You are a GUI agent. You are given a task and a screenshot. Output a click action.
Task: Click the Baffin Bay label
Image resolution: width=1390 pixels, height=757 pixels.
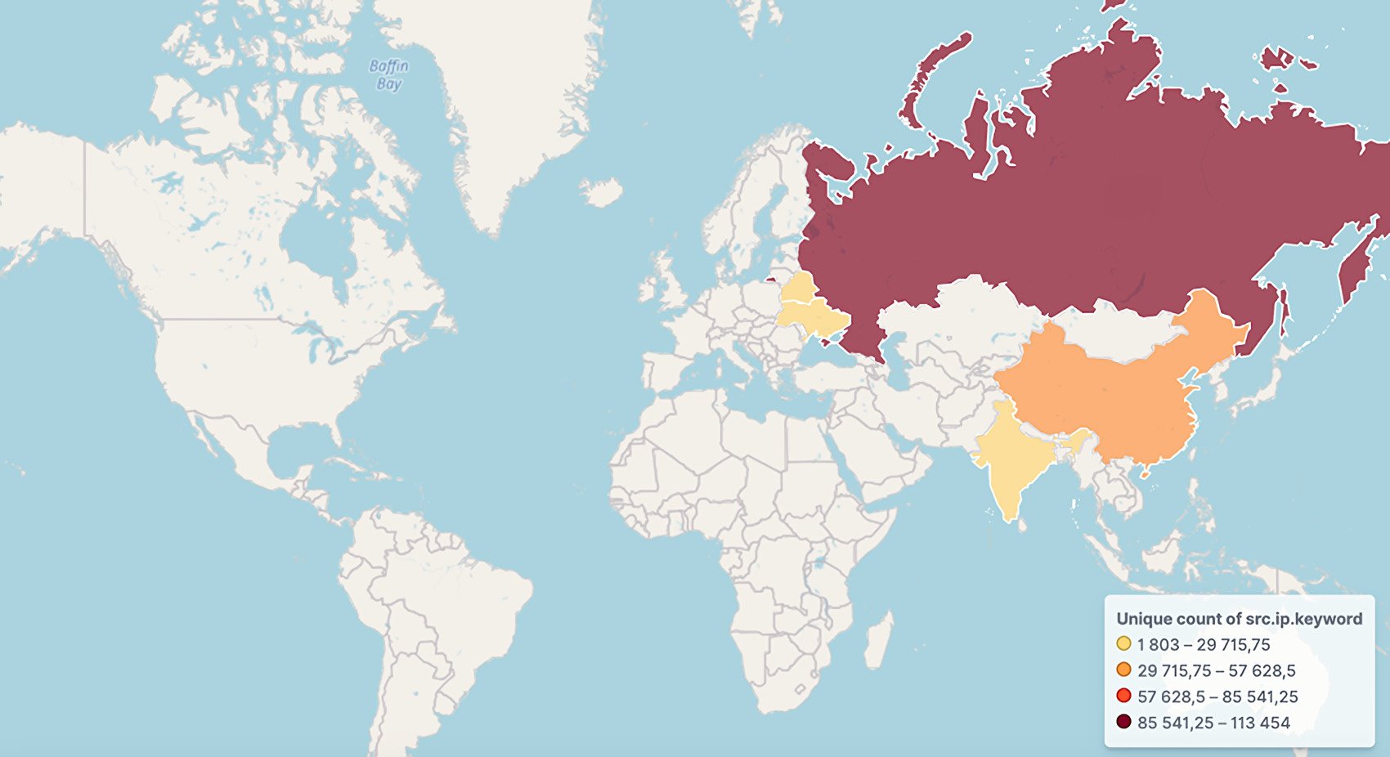(x=388, y=74)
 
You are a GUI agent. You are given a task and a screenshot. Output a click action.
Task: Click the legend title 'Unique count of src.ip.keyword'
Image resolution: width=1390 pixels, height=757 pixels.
(x=1239, y=619)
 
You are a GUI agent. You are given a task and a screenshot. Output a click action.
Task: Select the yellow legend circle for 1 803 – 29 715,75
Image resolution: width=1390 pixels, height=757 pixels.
(x=1123, y=644)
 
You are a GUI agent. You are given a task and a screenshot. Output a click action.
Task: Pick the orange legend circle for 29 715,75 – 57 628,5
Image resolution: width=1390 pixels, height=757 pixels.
(x=1123, y=670)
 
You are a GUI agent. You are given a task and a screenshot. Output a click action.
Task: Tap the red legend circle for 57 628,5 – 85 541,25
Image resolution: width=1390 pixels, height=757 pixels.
(x=1123, y=697)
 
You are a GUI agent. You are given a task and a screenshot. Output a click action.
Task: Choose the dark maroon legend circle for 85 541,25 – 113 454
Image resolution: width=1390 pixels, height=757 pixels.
(x=1123, y=723)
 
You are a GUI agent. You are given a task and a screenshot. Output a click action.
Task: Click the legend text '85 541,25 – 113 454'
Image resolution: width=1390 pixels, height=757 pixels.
(x=1213, y=723)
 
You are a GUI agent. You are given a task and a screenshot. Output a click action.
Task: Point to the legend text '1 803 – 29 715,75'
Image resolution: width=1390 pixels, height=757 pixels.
(x=1204, y=644)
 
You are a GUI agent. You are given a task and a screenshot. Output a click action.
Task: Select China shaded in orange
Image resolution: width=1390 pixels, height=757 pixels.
(x=1128, y=401)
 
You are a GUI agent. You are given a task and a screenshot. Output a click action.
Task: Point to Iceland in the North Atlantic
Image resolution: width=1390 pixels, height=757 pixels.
(x=602, y=191)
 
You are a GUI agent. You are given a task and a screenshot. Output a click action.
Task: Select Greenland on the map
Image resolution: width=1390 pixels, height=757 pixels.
(x=507, y=98)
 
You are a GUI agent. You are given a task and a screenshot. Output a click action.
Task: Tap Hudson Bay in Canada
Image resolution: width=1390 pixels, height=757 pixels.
(x=315, y=237)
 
